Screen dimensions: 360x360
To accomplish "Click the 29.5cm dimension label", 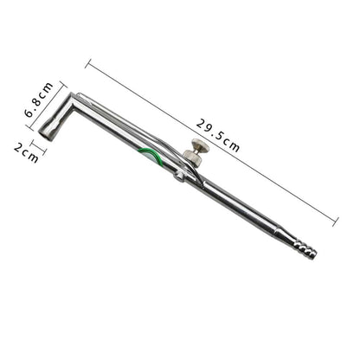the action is [x=218, y=135].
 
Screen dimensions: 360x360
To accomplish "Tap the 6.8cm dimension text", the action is [x=39, y=100].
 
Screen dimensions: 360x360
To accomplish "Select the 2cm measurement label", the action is [x=26, y=153].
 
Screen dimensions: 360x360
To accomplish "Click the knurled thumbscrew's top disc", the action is [x=200, y=144].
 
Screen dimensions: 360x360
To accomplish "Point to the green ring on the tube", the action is [x=151, y=155].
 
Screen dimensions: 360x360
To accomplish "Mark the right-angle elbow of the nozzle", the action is [x=73, y=100].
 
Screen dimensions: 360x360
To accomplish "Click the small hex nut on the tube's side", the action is [x=179, y=177].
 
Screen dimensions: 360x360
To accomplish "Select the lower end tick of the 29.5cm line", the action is [x=336, y=222].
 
